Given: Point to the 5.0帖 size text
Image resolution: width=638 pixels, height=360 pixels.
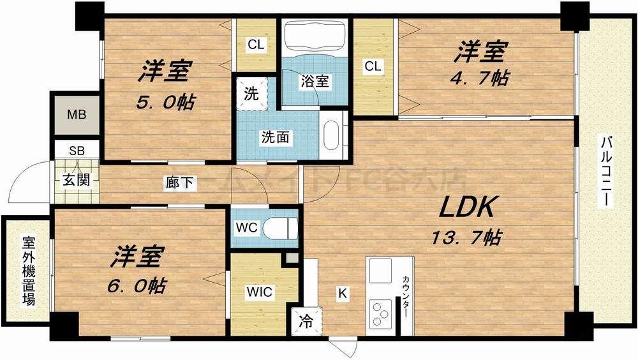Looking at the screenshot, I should click(165, 101).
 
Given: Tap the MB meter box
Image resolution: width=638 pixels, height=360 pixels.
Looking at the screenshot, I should click(75, 117).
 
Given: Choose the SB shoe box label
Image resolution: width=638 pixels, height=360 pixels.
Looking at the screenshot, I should click(77, 151).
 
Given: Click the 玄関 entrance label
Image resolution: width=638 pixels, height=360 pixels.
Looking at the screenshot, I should click(75, 179).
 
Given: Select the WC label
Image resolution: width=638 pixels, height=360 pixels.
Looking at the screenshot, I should click(247, 228).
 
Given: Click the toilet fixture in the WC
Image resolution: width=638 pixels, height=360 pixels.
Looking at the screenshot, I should click(281, 228).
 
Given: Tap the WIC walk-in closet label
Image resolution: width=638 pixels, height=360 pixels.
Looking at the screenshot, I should click(260, 292).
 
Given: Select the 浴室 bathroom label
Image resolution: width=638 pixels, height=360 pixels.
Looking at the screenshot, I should click(315, 81).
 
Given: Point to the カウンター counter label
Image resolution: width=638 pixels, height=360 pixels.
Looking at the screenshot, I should click(406, 300).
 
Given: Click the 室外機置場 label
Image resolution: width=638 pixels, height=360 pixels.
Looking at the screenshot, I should click(29, 271).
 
